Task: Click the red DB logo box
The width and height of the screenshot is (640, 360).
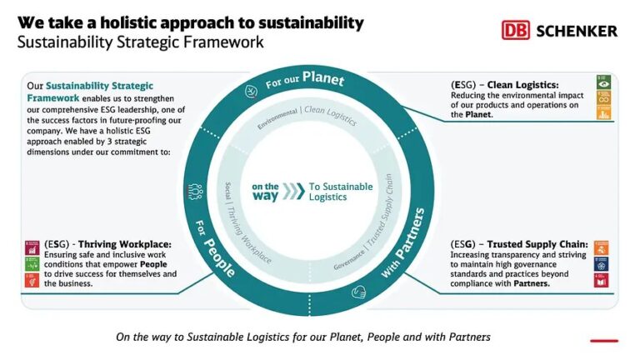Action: (516, 30)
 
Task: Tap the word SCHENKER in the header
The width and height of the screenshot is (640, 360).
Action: (577, 31)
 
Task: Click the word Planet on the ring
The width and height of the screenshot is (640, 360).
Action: (322, 78)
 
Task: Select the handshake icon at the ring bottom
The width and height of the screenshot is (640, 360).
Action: (361, 292)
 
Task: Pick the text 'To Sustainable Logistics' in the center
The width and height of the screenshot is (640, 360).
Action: (340, 192)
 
